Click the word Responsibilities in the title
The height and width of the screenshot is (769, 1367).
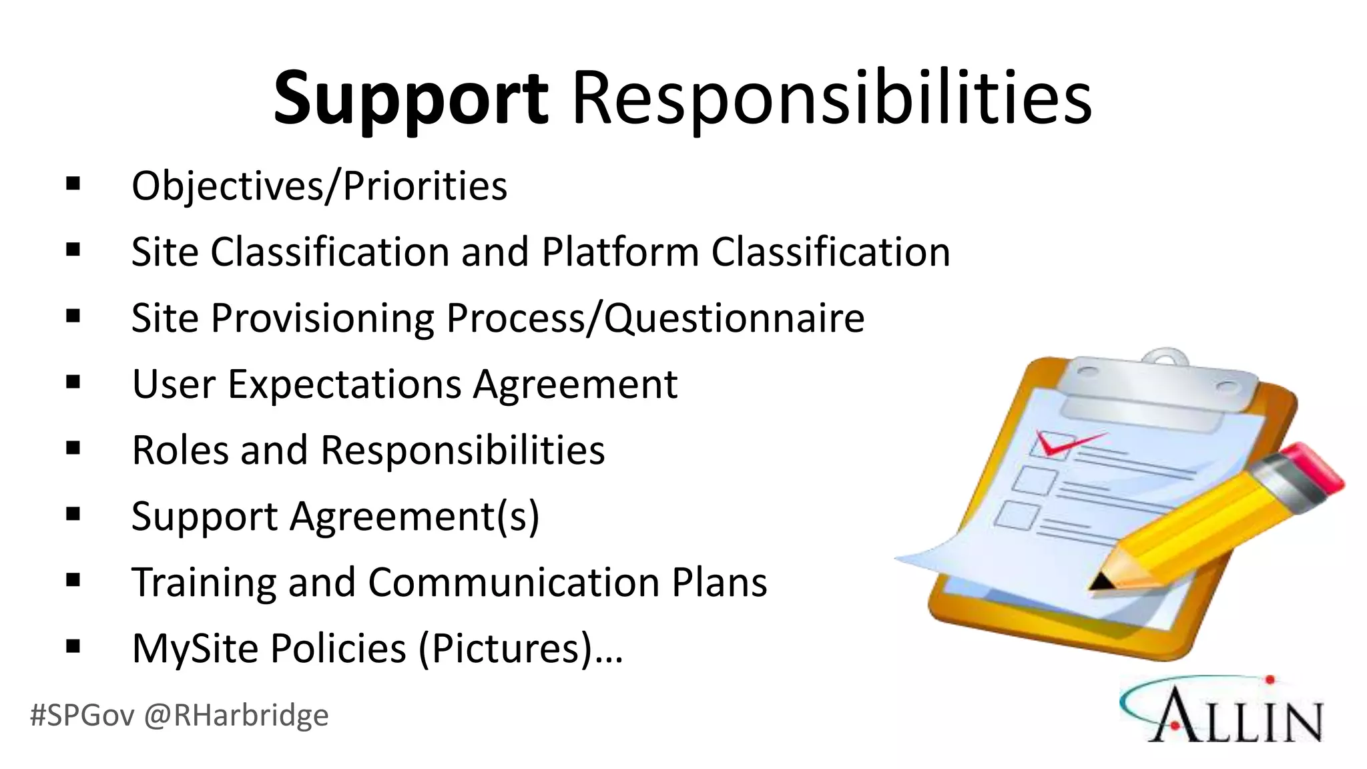tap(832, 99)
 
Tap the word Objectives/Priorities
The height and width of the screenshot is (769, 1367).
tap(319, 186)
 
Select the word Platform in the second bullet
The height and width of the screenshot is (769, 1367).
tap(620, 252)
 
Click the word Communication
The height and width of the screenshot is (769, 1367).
tap(513, 582)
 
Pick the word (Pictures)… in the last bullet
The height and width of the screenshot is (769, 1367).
tap(521, 649)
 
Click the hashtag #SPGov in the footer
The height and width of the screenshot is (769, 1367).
tap(81, 716)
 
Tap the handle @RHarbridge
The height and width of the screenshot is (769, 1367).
tap(236, 716)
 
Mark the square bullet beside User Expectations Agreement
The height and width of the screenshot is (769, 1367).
tap(73, 382)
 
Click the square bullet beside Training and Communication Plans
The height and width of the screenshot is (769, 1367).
tap(73, 580)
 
